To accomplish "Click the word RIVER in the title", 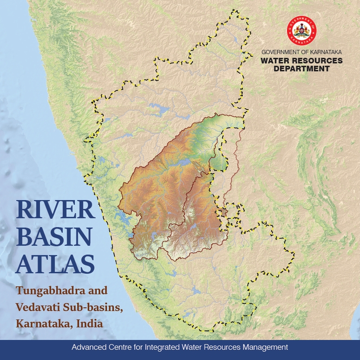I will (x=55, y=210).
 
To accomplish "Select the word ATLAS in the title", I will (x=55, y=263).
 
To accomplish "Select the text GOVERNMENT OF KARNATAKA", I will (x=301, y=52).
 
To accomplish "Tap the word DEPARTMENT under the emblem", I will (x=301, y=69).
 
